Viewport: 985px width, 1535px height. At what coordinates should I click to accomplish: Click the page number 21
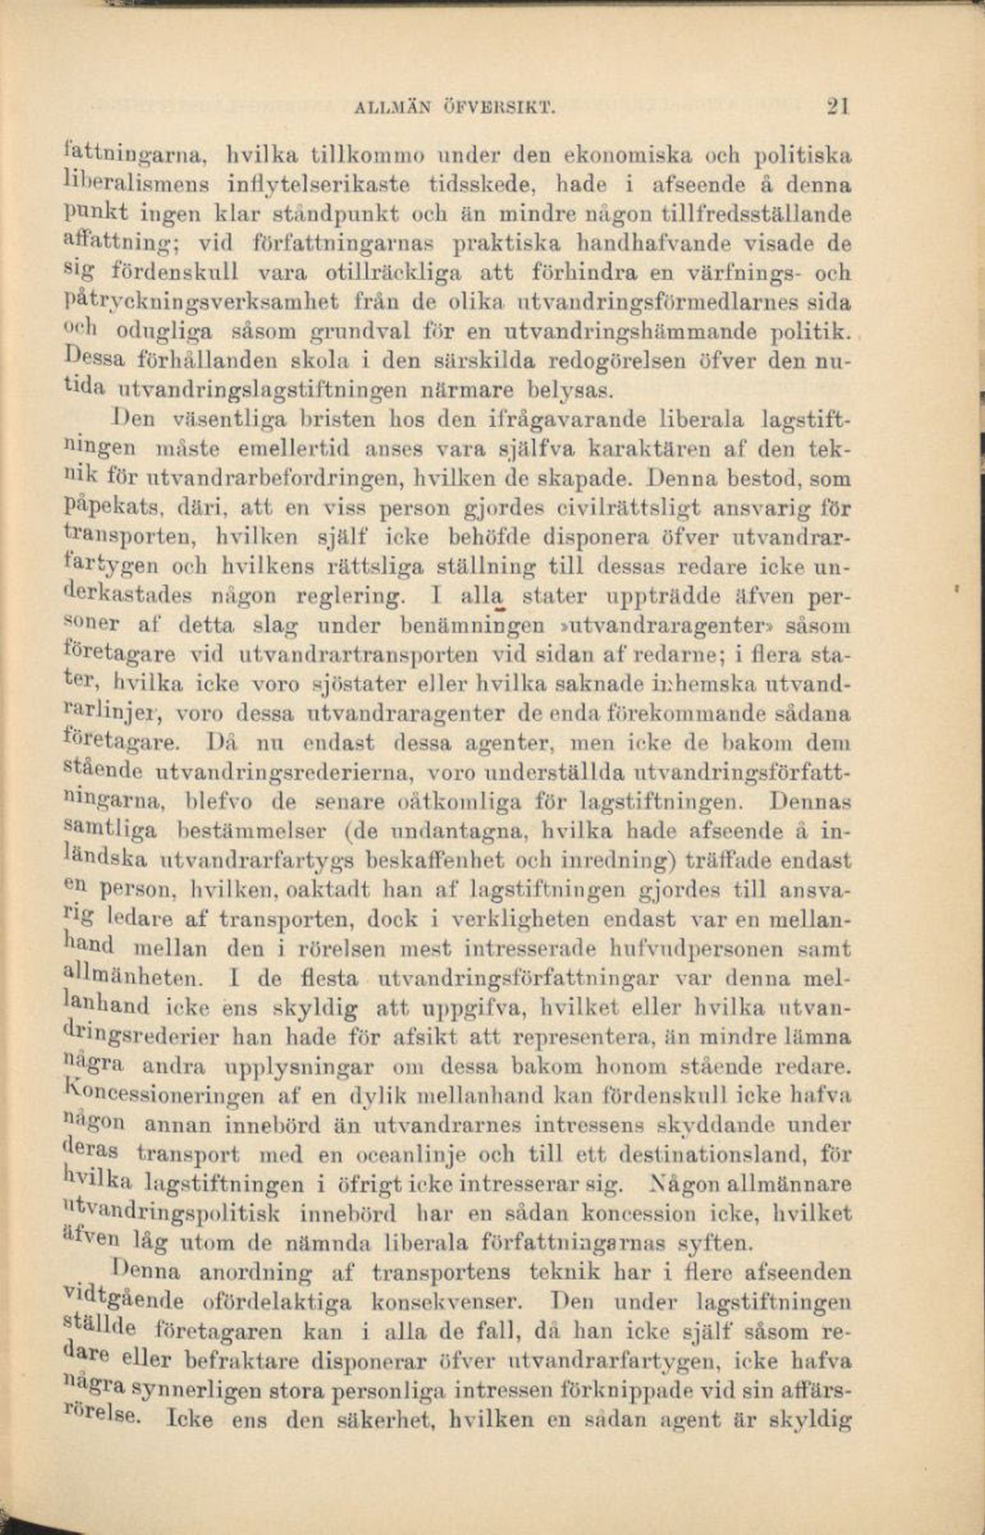click(x=836, y=106)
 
